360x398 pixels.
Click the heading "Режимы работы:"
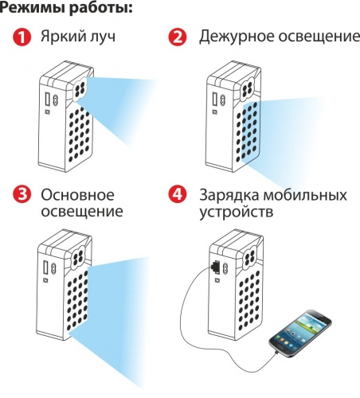click(x=66, y=10)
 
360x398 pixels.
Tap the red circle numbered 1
click(x=23, y=38)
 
